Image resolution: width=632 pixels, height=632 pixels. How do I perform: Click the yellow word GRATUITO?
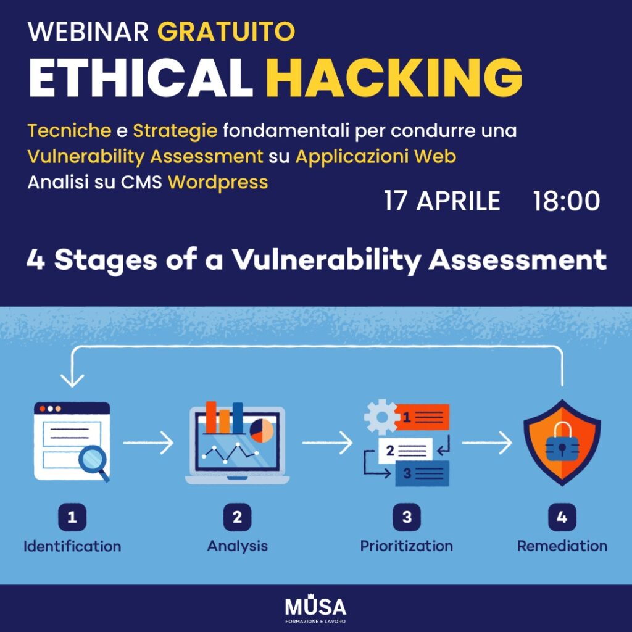(226, 31)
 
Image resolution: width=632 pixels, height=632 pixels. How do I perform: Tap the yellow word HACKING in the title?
(394, 77)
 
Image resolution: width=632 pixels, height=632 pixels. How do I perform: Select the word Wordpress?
(218, 183)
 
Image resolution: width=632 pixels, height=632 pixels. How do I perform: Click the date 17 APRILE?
(442, 201)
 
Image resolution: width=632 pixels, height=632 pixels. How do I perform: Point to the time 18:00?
(567, 201)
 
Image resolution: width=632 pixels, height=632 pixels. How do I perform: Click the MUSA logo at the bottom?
(315, 610)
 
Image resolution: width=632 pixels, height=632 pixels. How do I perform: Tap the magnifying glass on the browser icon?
(94, 463)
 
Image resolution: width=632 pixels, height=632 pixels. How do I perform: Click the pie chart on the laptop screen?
(262, 430)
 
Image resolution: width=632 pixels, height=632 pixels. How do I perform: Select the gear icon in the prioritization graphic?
(381, 417)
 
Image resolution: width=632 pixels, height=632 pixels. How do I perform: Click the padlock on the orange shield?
(562, 442)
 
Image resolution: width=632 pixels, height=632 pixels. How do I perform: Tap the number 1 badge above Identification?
(72, 517)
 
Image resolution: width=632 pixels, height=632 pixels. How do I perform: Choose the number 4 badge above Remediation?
(562, 517)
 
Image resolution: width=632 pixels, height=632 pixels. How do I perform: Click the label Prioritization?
(406, 546)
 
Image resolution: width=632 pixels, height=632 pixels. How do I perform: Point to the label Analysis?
(238, 547)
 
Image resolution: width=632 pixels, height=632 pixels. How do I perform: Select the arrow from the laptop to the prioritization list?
(327, 443)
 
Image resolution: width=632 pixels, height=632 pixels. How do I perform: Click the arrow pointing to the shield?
(487, 443)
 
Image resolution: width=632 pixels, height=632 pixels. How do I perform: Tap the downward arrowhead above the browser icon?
(72, 380)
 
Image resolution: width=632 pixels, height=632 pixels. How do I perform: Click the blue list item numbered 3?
(422, 473)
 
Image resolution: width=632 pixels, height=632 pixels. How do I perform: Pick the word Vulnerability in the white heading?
(326, 260)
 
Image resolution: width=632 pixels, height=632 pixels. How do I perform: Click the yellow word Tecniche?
(69, 131)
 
